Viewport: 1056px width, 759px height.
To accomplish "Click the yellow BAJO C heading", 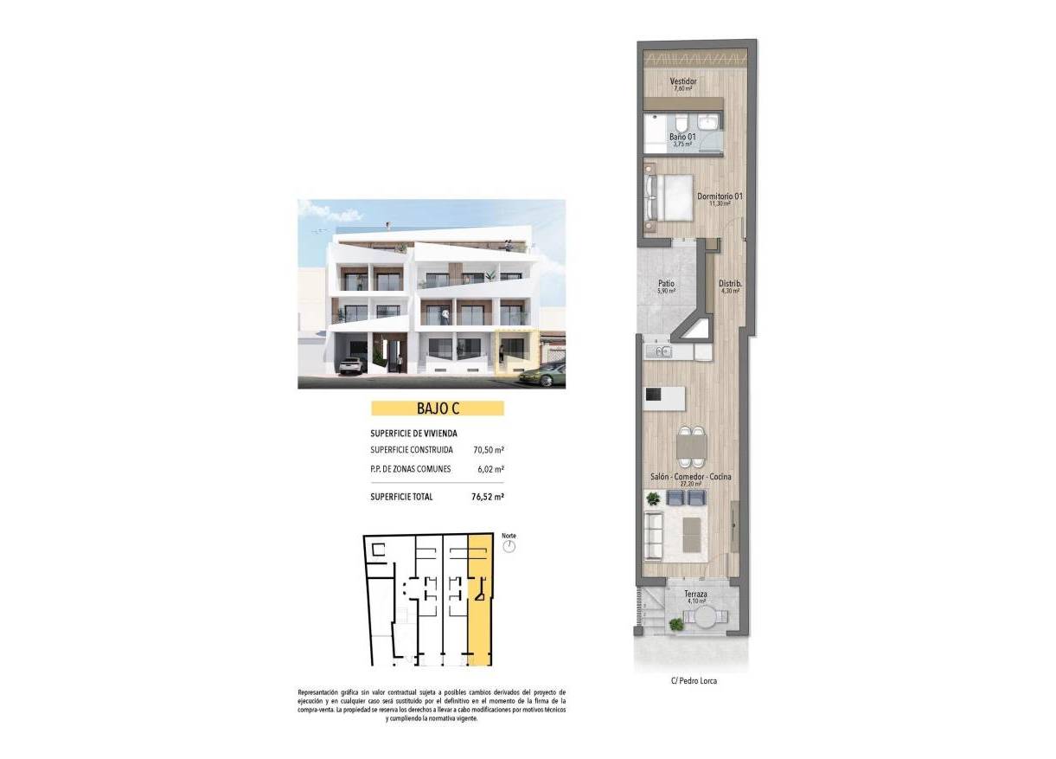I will click(437, 408).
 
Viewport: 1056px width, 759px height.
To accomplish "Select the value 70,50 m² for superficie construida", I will click(489, 450).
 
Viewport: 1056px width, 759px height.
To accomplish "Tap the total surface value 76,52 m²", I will click(488, 497).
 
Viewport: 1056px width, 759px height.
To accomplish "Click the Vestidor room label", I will click(683, 82).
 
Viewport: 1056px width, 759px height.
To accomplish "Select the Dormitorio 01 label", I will click(720, 196).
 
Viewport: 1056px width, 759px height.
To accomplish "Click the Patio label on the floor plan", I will click(666, 283).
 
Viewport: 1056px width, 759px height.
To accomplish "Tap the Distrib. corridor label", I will click(732, 283).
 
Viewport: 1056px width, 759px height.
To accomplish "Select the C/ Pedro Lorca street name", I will click(694, 680).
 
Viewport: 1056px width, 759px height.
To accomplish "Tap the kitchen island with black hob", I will click(664, 397).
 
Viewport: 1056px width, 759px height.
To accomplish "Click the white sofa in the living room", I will click(654, 534).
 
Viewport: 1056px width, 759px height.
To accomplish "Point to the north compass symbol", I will click(509, 547).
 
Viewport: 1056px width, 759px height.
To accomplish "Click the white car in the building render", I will click(350, 366).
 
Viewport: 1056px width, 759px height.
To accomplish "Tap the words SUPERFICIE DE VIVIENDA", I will click(413, 433).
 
